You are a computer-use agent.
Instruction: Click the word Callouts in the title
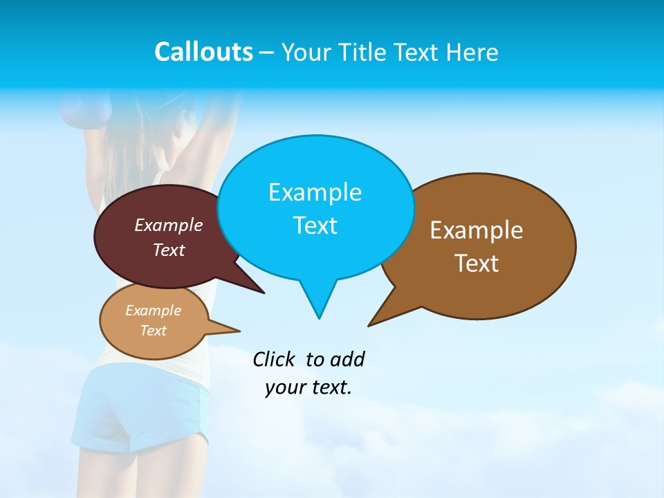point(203,53)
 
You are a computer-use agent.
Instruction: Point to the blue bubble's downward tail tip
point(319,317)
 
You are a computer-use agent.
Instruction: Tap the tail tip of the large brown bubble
point(370,324)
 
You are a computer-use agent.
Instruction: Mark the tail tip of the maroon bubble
point(263,292)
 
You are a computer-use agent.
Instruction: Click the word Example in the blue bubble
point(315,192)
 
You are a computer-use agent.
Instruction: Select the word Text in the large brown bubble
point(477,264)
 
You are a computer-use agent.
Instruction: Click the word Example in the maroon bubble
point(169,225)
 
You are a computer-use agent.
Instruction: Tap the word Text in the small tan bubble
point(154,331)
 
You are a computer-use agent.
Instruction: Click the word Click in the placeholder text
point(273,359)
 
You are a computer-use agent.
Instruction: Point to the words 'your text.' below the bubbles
point(308,387)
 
